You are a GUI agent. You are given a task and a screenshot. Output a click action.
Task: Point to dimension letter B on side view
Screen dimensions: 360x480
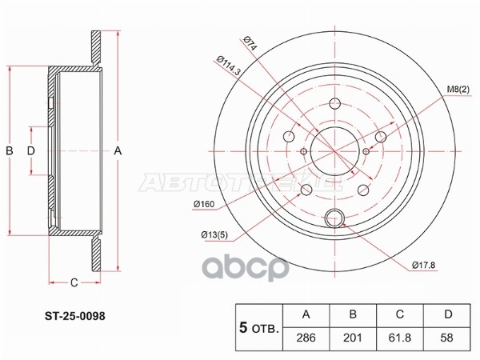10,150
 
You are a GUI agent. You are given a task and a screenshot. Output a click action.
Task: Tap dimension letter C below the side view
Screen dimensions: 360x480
73,282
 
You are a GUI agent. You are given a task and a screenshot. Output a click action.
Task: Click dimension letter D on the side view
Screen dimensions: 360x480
31,150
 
